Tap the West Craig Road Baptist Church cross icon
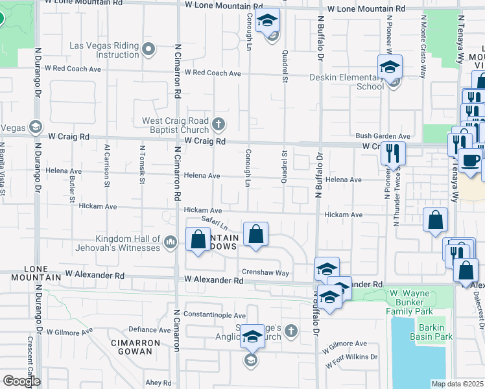pos(219,123)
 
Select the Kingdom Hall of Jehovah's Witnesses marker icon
pos(171,242)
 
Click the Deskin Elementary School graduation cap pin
pos(390,67)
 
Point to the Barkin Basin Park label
pos(434,332)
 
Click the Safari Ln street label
pos(214,224)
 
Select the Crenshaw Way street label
pos(265,273)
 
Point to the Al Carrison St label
pos(107,165)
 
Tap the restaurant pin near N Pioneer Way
pos(392,153)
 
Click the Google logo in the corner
pos(21,381)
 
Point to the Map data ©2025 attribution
pos(458,384)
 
